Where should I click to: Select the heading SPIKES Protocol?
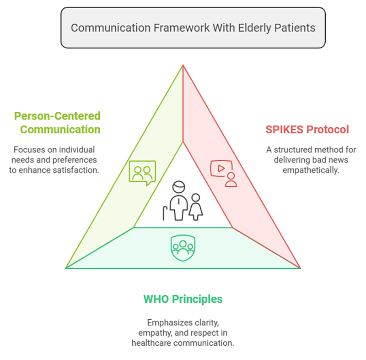(x=307, y=129)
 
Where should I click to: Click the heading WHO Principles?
(x=183, y=299)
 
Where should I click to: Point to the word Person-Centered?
(x=57, y=116)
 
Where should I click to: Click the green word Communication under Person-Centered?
(x=60, y=129)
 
